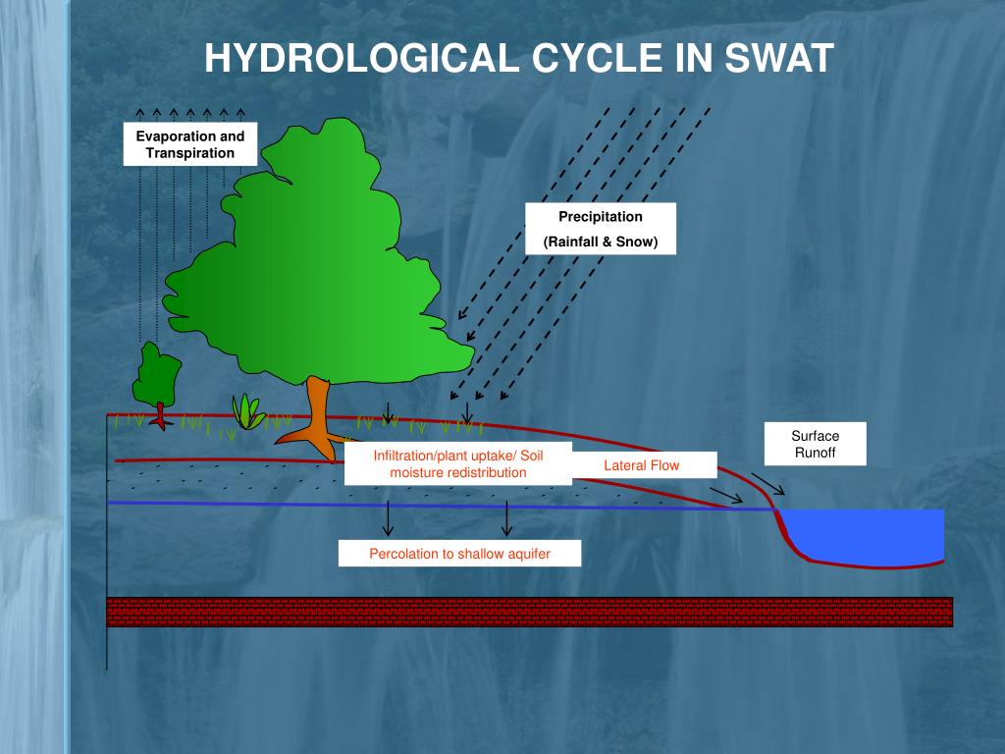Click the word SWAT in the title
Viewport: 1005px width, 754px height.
coord(779,59)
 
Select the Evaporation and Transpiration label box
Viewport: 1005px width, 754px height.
coord(190,144)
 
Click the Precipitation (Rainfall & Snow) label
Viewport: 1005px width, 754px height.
coord(601,229)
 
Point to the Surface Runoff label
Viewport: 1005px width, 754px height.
coord(816,445)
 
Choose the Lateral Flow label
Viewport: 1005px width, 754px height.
coord(641,465)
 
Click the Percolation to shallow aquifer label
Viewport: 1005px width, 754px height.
coord(459,554)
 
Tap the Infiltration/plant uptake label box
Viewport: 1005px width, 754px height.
coord(457,464)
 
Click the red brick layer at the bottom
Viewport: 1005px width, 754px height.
coord(530,611)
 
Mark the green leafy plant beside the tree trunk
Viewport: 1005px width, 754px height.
coord(247,412)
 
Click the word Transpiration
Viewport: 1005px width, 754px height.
coord(190,153)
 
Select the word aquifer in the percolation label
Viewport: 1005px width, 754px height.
coord(528,554)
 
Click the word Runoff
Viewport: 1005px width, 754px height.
coord(816,454)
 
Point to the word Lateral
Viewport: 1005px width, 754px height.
coord(624,465)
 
